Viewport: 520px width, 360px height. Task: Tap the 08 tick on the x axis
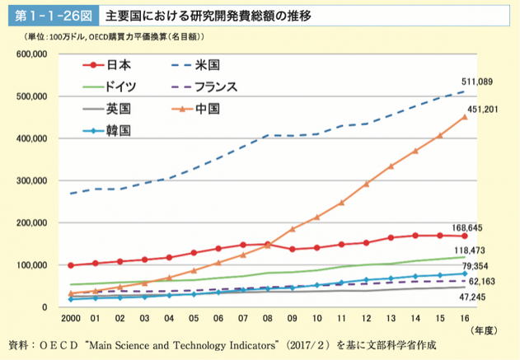point(268,317)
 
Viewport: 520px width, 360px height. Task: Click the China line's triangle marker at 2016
point(464,117)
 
